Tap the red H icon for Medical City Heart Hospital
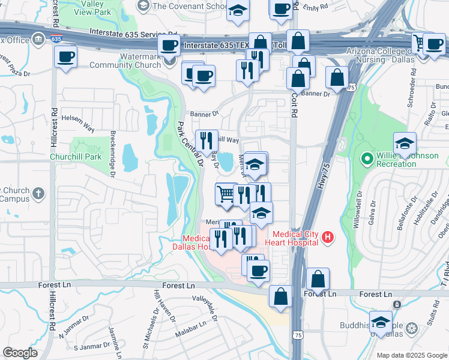coord(327,238)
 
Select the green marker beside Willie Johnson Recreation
coord(367,160)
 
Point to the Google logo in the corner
coord(19,353)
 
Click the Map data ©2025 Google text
coord(412,355)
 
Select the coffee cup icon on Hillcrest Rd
coord(65,57)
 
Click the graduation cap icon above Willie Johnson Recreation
coord(405,143)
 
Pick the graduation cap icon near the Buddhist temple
coord(381,322)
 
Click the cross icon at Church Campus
coord(38,193)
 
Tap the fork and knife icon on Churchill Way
coord(207,140)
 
